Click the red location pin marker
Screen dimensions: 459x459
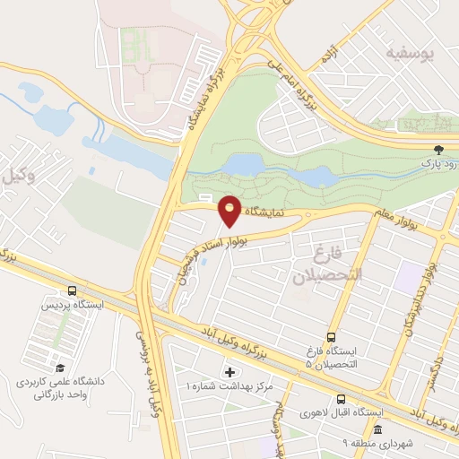click(x=230, y=211)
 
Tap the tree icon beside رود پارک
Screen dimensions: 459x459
click(x=438, y=150)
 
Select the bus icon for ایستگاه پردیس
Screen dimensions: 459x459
click(x=71, y=290)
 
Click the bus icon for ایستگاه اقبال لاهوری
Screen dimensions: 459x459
click(x=341, y=399)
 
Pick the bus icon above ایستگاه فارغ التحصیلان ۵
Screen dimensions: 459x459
click(x=331, y=337)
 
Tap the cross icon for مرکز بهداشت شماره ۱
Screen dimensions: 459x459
click(x=229, y=371)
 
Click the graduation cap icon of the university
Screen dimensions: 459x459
click(x=60, y=368)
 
